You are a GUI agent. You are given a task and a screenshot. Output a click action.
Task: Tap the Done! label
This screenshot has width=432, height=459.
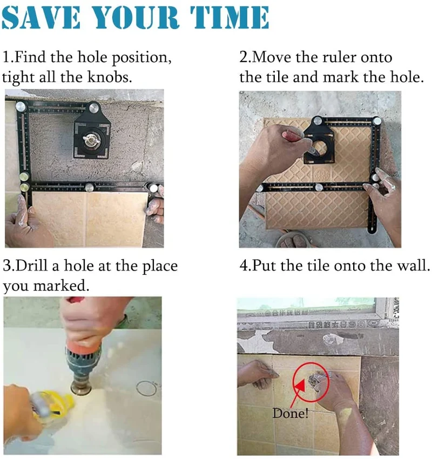coord(290,413)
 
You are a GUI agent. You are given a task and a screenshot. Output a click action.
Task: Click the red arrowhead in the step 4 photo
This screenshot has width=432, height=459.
coord(300,387)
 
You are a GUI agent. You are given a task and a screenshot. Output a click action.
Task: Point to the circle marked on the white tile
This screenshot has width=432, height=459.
coord(146,388)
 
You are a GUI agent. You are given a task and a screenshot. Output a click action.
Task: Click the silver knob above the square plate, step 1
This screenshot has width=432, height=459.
coord(94,107)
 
